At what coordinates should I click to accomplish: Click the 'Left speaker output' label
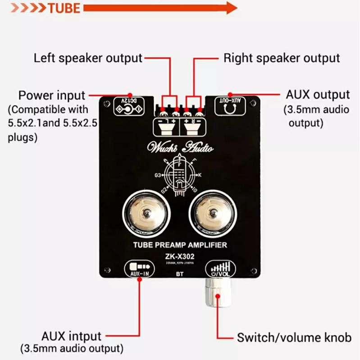coord(88,58)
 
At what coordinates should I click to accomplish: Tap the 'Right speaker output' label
coord(282,58)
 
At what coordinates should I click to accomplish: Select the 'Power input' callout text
coord(51,96)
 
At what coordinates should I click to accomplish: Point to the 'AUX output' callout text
coord(318,95)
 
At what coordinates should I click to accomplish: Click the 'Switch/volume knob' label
coord(294,337)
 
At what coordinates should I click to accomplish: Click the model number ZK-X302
coord(180,256)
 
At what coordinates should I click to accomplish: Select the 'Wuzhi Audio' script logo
coord(179,148)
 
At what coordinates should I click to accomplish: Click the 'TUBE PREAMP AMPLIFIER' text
coord(180,245)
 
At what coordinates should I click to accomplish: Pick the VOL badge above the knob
coord(220,269)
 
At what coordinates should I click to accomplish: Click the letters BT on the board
coord(179,273)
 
